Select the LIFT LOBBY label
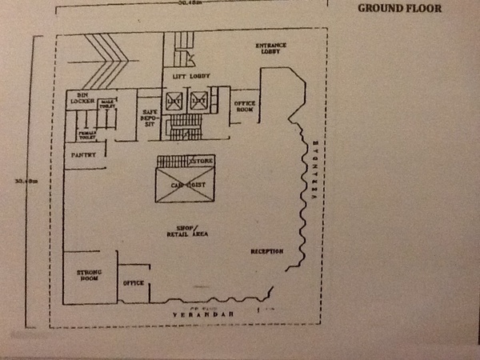point(190,76)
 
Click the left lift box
point(174,101)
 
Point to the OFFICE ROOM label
point(244,106)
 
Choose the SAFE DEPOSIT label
point(149,118)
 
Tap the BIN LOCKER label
point(82,98)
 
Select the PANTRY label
point(83,154)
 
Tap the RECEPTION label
point(266,252)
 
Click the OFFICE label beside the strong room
point(133,283)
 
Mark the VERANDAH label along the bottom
point(206,317)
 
